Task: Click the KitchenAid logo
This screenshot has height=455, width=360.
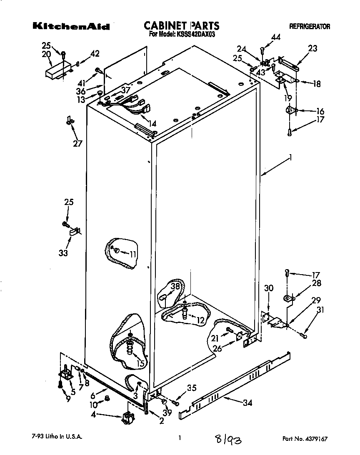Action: point(71,27)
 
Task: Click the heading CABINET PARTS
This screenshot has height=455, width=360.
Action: point(181,26)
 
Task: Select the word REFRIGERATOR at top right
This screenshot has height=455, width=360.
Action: point(309,27)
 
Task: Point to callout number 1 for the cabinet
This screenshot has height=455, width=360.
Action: point(290,158)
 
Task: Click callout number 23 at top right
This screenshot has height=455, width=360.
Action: point(312,48)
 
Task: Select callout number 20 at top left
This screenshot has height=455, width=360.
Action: point(46,54)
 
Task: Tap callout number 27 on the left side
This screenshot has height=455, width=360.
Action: point(77,144)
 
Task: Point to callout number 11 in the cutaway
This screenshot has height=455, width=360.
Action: point(133,253)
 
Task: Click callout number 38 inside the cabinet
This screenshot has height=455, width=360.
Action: point(175,286)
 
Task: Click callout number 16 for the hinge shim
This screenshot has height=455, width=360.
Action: point(320,111)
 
